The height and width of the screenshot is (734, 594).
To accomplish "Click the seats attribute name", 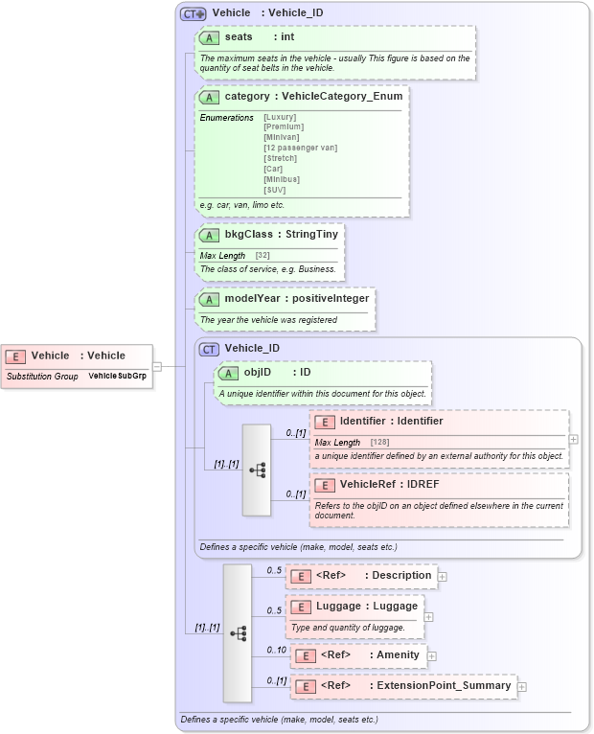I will coord(239,37).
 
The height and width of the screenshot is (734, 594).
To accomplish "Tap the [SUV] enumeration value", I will coord(274,190).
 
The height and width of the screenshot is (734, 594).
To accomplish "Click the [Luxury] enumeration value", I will coord(280,116).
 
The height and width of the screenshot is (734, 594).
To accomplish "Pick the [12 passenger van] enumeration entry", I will coord(300,148).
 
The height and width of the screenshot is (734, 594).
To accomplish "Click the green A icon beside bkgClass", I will coord(209,235).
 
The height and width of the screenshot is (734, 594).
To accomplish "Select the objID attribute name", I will coord(258,372).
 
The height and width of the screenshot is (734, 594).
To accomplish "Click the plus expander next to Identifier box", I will coord(573,439).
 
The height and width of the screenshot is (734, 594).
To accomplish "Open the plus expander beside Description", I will coord(443,576).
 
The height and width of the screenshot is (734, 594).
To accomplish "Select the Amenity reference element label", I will coord(398,655).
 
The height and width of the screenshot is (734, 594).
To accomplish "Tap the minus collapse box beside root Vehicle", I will coord(157,365).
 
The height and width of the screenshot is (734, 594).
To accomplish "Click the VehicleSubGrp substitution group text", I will coord(117,377).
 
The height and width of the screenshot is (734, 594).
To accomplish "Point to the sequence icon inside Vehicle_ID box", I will coord(257,470).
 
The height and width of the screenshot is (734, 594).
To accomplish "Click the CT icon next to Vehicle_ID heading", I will coord(209,349).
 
